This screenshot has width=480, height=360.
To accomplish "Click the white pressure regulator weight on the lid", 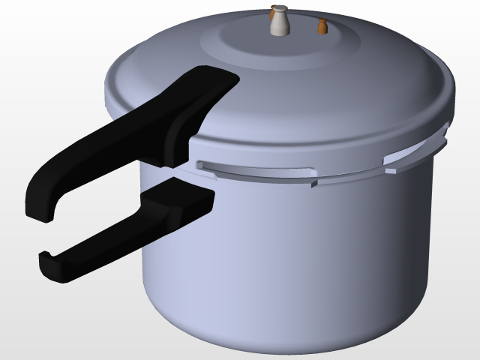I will (x=280, y=22).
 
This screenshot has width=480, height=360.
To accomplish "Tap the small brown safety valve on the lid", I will (x=323, y=28).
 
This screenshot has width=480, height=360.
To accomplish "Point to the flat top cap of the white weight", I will (x=280, y=8).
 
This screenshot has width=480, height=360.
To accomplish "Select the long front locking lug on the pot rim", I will (x=255, y=171).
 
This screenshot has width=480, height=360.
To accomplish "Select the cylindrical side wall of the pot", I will (x=300, y=255).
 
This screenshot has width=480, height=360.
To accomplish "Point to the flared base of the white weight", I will (x=280, y=31).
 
